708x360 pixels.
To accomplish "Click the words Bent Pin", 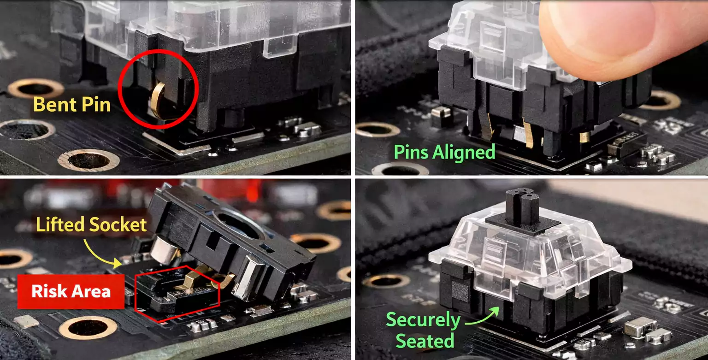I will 72,105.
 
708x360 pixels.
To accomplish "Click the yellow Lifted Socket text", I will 91,225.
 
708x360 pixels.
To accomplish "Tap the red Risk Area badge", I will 71,291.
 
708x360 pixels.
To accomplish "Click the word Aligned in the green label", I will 466,152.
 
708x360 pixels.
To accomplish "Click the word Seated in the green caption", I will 425,341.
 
